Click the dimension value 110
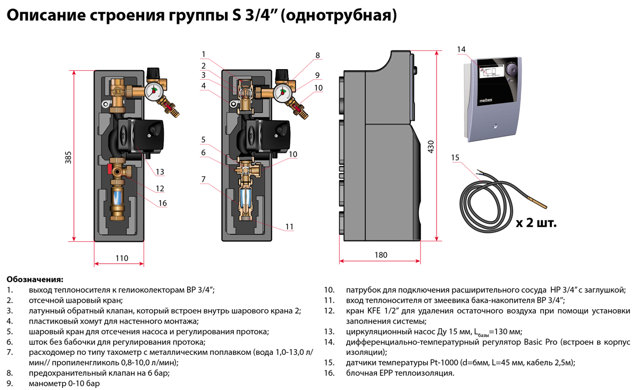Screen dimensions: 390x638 tap(122, 258)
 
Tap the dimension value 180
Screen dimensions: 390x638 tap(381, 255)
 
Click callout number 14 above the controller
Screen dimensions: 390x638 tap(461, 49)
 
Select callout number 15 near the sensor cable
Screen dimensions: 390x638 tap(455, 158)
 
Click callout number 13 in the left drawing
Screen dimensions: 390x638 tap(159, 171)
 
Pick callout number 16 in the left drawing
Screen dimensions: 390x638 tap(163, 203)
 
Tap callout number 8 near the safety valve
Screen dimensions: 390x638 tap(317, 55)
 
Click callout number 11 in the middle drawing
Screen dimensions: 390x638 tap(289, 226)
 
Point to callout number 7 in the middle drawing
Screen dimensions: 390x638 tap(203, 180)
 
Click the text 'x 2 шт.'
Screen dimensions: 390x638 tap(536, 223)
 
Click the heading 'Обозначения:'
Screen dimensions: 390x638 tap(35, 279)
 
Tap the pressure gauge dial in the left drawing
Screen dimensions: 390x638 tap(154, 90)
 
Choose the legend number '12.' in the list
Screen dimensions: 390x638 tap(329, 310)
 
